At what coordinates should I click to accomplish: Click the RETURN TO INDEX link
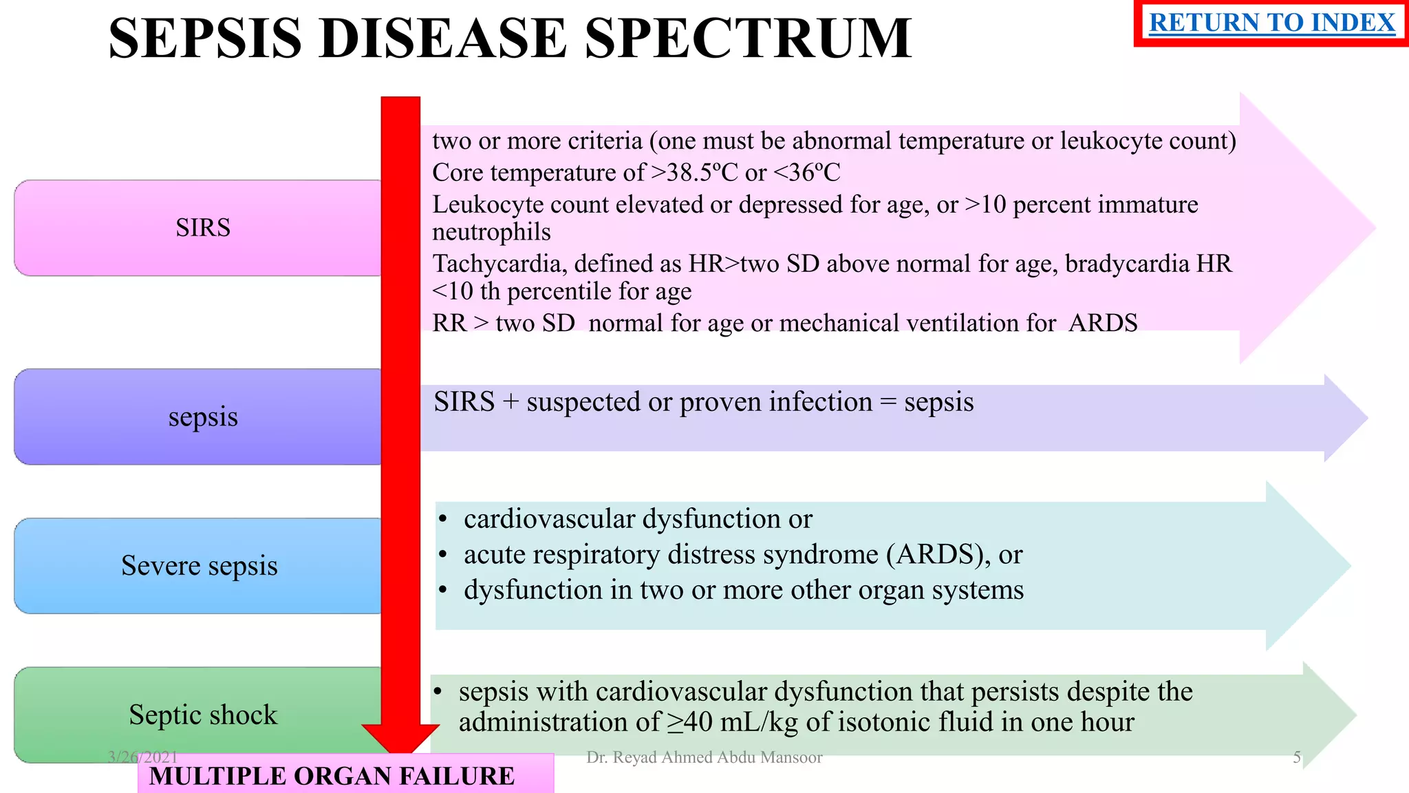(x=1271, y=23)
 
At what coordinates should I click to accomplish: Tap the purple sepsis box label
(x=203, y=417)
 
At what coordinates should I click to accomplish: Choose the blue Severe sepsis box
(x=199, y=566)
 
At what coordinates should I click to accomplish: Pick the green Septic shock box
(x=202, y=715)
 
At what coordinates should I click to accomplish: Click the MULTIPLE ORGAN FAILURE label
(x=332, y=776)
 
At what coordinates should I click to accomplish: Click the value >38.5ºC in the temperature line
(x=693, y=173)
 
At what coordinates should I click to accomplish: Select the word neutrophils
(x=491, y=233)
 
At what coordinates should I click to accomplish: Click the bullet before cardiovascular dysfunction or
(x=443, y=519)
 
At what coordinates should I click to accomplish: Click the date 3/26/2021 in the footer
(x=142, y=757)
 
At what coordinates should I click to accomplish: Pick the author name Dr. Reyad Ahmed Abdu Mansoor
(x=704, y=757)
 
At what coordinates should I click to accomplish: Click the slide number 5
(x=1297, y=757)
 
